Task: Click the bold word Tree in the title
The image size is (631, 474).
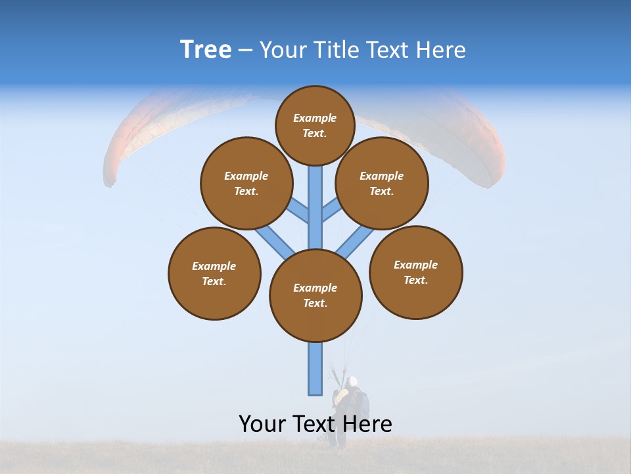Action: tap(206, 50)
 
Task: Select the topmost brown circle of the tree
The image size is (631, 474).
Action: tap(315, 125)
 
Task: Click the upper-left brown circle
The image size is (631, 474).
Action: tap(246, 183)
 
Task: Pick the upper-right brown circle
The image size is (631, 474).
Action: tap(382, 183)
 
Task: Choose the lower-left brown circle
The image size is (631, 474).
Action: tap(214, 273)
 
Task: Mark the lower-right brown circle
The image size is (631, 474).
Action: tap(415, 272)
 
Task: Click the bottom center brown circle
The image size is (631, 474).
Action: tap(315, 295)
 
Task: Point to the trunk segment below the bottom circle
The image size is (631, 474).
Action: tap(315, 369)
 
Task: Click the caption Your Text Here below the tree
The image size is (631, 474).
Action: tap(315, 424)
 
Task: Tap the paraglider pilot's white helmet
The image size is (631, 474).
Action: tap(353, 381)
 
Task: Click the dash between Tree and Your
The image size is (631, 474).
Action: tap(245, 51)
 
